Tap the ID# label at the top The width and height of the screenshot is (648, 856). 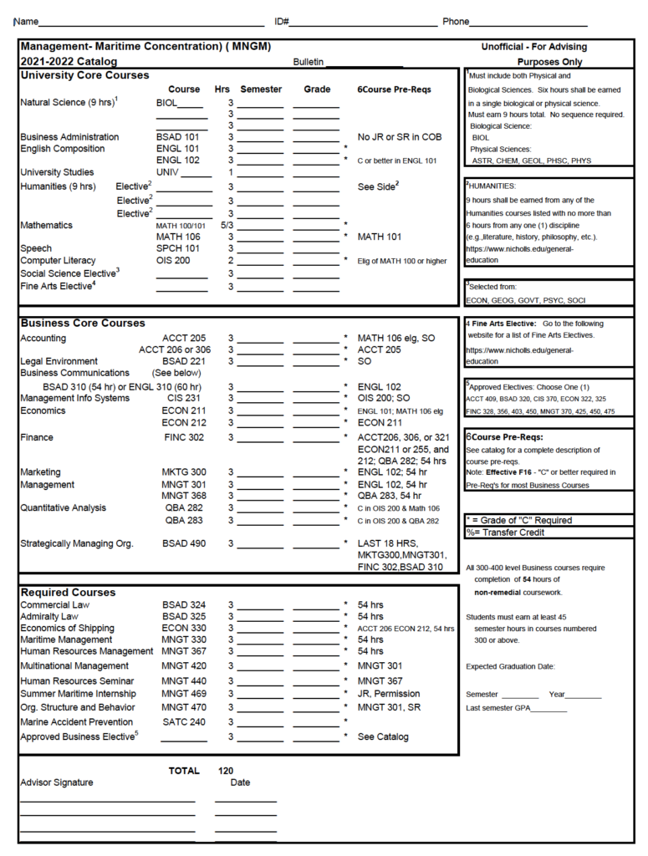coord(282,21)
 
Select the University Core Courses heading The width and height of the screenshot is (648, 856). coord(84,75)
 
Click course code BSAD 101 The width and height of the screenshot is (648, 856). coord(178,137)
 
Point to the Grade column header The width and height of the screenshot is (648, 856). coord(317,89)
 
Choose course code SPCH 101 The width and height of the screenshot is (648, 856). coord(178,248)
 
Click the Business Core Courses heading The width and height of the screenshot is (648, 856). coord(83,323)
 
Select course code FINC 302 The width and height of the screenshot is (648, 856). coord(183,437)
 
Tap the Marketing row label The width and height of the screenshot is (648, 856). coord(40,472)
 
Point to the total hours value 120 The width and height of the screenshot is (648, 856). coord(226,771)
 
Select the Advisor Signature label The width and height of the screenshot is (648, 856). coord(57,782)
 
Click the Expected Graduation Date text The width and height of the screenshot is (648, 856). coord(510,667)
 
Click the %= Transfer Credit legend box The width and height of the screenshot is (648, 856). coord(548,532)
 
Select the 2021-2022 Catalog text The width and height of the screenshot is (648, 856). coord(69,62)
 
